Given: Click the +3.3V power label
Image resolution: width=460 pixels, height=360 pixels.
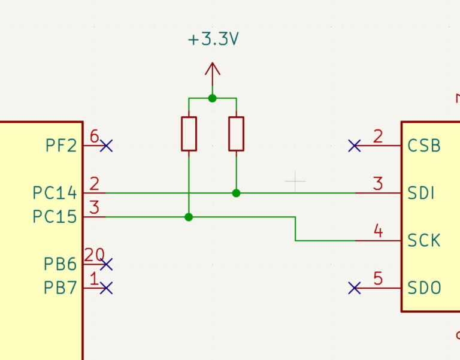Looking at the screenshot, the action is pos(213,39).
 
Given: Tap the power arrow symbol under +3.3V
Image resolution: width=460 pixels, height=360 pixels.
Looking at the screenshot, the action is pos(213,75).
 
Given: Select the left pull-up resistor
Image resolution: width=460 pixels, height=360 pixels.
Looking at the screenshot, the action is pos(189,134).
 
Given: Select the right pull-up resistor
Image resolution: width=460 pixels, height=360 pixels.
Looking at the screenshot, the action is pos(236,134).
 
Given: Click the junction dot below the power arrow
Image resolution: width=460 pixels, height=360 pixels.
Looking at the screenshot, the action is pos(213,98).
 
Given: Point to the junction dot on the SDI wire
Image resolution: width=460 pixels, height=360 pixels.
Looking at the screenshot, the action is pos(236,193).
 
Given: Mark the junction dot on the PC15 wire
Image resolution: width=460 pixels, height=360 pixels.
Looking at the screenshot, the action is pos(189,217).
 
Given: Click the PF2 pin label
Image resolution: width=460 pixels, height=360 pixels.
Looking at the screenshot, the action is pos(61,146).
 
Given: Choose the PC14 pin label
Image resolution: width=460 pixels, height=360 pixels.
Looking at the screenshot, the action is pos(55,193).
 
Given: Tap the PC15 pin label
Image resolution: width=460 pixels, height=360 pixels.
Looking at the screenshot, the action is pos(55,217).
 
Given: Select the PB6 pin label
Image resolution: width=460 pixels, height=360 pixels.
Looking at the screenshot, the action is pos(60,264).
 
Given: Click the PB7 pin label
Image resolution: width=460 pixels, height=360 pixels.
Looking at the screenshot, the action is pos(60,288).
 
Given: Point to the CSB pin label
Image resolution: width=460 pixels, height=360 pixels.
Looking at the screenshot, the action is pos(424,146).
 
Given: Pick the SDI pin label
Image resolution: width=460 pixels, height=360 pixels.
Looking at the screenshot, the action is pos(420,193).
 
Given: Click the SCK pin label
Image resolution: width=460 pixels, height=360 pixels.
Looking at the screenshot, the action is pos(424,241).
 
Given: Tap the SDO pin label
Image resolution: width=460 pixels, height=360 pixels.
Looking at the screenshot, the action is pos(424,288).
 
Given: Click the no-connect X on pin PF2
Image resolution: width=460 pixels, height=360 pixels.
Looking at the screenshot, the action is pos(106,146).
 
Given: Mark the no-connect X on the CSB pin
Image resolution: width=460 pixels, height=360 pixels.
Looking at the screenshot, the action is pos(355,146).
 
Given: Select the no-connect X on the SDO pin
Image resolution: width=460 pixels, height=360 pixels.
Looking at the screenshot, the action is pos(355,288).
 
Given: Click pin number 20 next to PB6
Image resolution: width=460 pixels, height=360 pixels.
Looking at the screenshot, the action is pos(95,255).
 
